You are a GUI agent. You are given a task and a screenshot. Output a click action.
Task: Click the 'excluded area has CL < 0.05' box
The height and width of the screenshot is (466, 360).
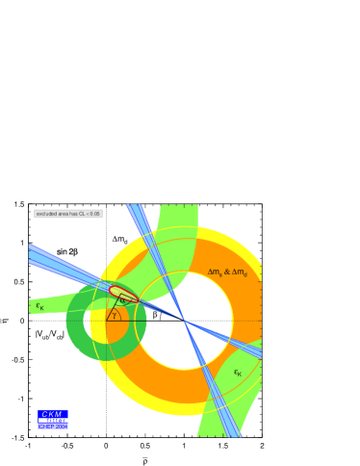pos(68,214)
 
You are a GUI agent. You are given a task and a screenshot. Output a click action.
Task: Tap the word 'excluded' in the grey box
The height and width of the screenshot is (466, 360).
pos(46,214)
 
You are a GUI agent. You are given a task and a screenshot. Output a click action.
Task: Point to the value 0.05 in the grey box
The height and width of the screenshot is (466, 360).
pos(94,214)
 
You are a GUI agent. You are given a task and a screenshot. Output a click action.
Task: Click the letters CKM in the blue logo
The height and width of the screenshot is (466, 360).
pos(52,414)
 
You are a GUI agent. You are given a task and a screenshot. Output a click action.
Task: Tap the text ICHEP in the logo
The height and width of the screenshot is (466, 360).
pos(45,426)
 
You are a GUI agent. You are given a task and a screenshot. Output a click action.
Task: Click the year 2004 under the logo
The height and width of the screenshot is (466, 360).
pos(61,426)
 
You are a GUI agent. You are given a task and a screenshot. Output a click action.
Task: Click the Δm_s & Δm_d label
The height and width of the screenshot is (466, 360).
pos(227,272)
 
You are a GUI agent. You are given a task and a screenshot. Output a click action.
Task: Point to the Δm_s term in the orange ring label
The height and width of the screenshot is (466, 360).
pos(216,272)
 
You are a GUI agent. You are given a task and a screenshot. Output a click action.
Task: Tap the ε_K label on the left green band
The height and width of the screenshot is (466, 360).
pos(40,306)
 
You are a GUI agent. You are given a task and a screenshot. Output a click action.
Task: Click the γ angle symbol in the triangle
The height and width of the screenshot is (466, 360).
pos(114,315)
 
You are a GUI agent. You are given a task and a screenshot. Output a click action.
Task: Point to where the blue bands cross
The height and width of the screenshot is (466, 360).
pos(183,320)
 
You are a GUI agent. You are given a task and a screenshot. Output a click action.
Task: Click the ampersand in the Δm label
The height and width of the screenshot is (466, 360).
pos(227,272)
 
